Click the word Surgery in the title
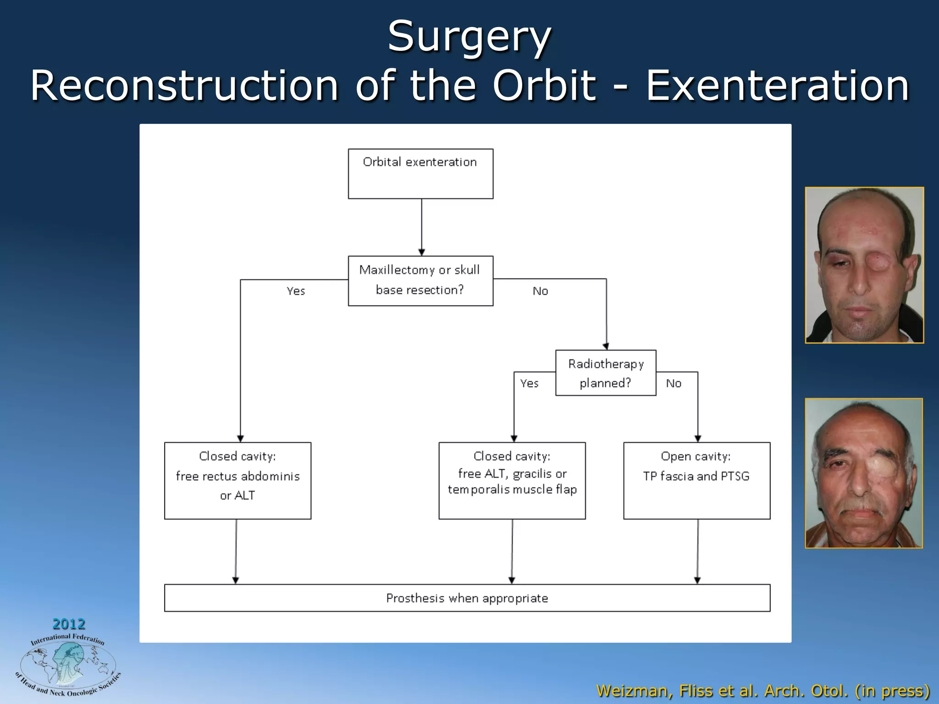pos(469,37)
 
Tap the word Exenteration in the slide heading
pos(777,86)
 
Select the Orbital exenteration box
pos(420,173)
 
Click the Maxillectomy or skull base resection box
pos(420,280)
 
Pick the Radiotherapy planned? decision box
pos(606,373)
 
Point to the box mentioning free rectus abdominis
pos(238,480)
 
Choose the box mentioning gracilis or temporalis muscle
pos(512,480)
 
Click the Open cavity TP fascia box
pos(696,480)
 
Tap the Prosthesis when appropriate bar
pos(467,598)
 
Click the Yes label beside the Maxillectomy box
pos(296,291)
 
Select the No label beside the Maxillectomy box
pos(540,291)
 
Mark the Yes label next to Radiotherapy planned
pos(529,384)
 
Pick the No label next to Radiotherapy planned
pos(674,384)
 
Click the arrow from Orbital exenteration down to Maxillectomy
pos(422,227)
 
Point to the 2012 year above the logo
pos(69,624)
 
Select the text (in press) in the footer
pos(892,691)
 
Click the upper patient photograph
pos(864,265)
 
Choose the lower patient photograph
pos(864,473)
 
